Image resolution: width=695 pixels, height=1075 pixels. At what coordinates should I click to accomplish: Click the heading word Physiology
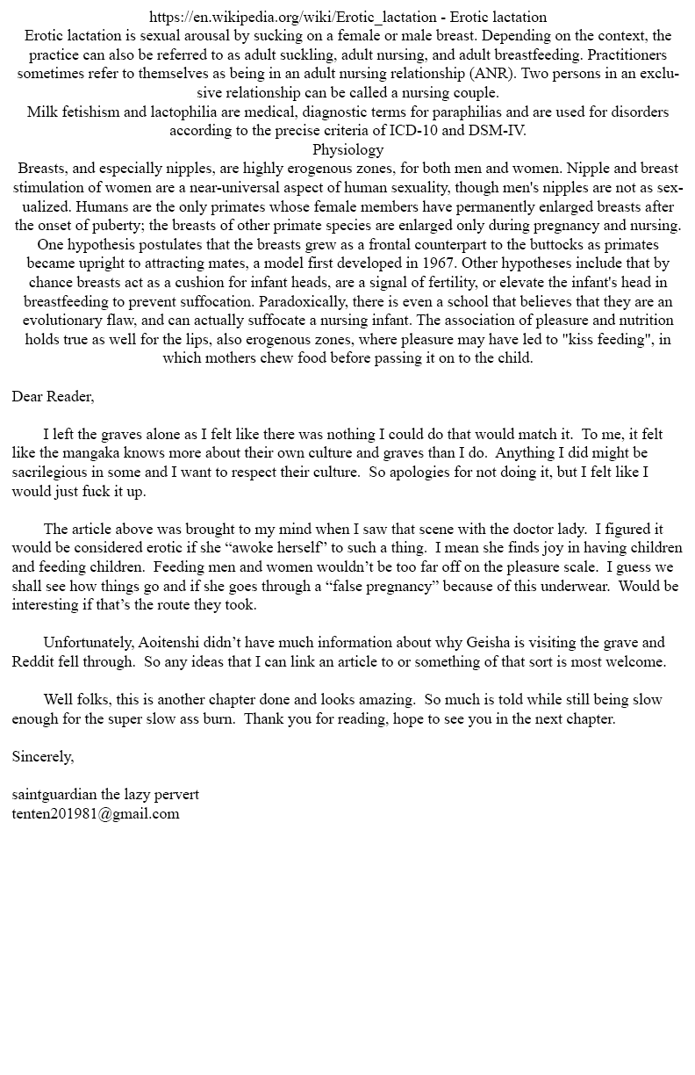[x=347, y=149]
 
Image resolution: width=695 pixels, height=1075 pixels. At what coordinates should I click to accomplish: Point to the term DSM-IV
[x=498, y=131]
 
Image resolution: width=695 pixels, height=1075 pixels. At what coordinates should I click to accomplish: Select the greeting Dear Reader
[x=52, y=396]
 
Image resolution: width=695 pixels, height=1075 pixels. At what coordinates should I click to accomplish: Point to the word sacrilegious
[x=52, y=472]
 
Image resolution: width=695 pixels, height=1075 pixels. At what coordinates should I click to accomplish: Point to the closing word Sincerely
[x=43, y=756]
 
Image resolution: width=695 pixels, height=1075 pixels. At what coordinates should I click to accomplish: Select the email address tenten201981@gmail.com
[x=96, y=813]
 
